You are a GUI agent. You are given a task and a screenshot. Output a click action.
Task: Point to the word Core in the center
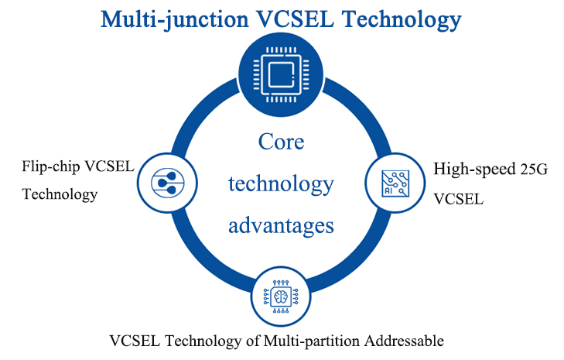(x=281, y=142)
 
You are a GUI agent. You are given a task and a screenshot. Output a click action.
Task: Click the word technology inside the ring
(x=282, y=184)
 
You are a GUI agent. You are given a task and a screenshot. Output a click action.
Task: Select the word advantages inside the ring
(x=282, y=225)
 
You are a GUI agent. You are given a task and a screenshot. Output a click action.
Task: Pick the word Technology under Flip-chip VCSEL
(x=60, y=194)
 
